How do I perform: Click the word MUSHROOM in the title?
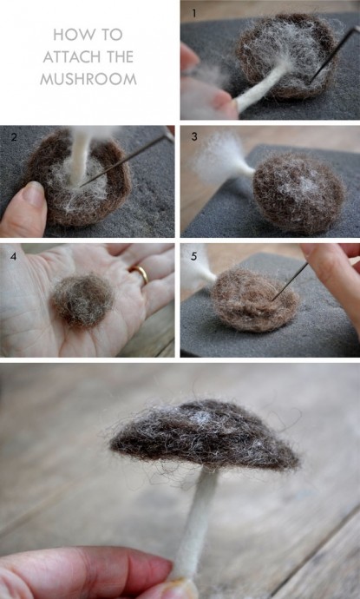pyautogui.click(x=88, y=79)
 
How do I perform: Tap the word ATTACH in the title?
pyautogui.click(x=69, y=57)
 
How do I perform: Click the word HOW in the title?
pyautogui.click(x=70, y=35)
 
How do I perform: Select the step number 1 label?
pyautogui.click(x=194, y=14)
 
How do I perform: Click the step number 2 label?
pyautogui.click(x=14, y=137)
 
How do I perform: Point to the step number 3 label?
pyautogui.click(x=194, y=137)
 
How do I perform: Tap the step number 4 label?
pyautogui.click(x=13, y=256)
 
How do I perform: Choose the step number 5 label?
pyautogui.click(x=194, y=256)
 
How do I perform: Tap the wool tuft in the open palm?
pyautogui.click(x=82, y=300)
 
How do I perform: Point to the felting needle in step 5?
pyautogui.click(x=289, y=281)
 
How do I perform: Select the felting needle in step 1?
pyautogui.click(x=333, y=53)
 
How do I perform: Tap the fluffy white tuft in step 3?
pyautogui.click(x=218, y=157)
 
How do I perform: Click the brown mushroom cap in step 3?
pyautogui.click(x=298, y=194)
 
